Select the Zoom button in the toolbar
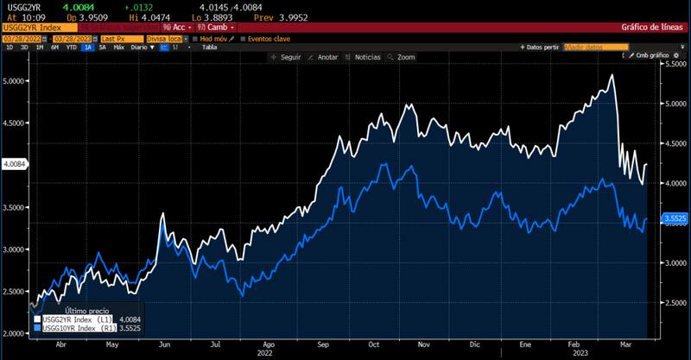tap(403, 57)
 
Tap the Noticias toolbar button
tap(364, 57)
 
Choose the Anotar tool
tap(325, 57)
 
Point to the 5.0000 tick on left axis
tap(14, 80)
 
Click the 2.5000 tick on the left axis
tap(14, 292)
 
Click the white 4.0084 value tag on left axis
tap(15, 163)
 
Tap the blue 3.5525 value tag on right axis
tap(676, 219)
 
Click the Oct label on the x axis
tap(374, 343)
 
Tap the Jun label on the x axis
tap(164, 343)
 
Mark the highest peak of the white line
tap(612, 75)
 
